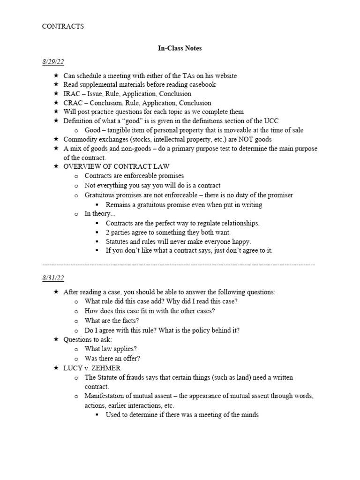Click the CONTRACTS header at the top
point(63,26)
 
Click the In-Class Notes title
point(180,48)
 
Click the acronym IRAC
point(73,94)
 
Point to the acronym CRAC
point(74,103)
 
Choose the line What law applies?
point(111,349)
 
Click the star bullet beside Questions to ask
point(56,339)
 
